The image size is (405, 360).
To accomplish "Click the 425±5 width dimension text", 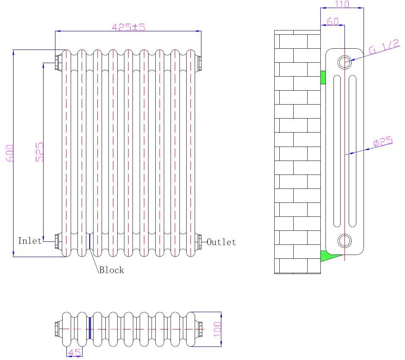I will tap(128, 27).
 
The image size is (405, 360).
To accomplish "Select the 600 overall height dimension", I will tap(10, 153).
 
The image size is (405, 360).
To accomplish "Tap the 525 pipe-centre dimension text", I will tap(39, 151).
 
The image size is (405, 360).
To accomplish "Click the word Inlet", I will tap(30, 241).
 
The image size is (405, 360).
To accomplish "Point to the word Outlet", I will tap(221, 242).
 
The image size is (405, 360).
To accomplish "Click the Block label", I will tap(111, 270).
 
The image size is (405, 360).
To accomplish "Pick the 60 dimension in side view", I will tap(333, 21).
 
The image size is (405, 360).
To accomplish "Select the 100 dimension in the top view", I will tap(218, 329).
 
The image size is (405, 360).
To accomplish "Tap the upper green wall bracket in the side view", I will tap(323, 77).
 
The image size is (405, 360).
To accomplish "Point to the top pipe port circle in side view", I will tap(344, 62).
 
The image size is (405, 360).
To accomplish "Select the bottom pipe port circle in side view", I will tap(344, 241).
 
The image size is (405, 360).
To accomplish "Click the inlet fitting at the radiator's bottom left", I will tap(58, 241).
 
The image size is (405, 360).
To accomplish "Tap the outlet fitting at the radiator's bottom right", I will tap(199, 241).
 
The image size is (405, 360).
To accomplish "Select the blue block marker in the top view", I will tap(90, 329).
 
